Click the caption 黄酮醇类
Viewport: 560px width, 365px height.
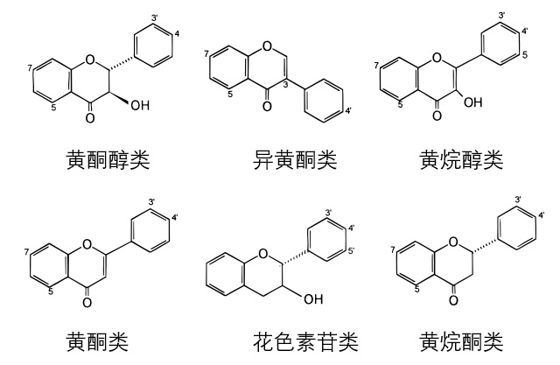click(108, 159)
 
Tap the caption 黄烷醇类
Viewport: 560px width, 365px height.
click(461, 159)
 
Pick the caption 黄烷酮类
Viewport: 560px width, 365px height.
click(461, 340)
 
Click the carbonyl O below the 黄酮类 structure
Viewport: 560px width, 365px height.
click(87, 302)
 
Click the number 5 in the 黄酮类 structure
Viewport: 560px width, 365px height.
click(50, 291)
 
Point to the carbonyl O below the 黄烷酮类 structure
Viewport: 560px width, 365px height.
click(453, 300)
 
